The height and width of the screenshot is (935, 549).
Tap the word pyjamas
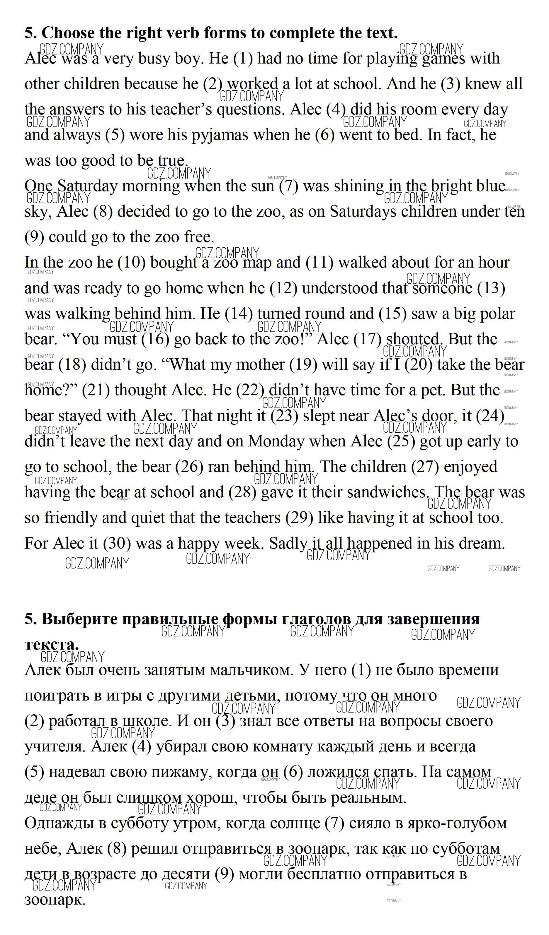(220, 135)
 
